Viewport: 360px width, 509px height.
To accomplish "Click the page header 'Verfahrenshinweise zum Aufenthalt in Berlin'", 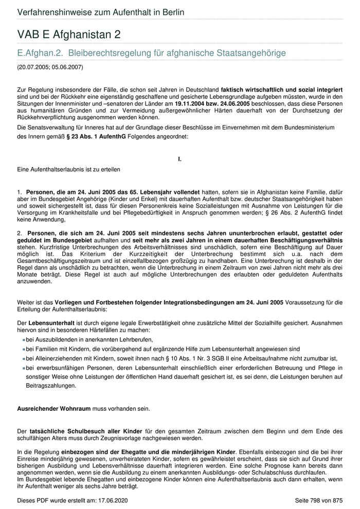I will (100, 12).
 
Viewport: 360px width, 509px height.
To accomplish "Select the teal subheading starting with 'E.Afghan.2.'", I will (151, 52).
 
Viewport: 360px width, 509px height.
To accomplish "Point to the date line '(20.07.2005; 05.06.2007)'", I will (50, 67).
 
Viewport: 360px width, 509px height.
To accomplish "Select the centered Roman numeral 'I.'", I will (179, 159).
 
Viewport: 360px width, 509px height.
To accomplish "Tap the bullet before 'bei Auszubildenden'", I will (24, 339).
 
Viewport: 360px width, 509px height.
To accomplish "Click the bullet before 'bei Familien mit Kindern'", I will (24, 349).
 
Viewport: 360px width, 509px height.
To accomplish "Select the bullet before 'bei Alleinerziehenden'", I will (24, 358).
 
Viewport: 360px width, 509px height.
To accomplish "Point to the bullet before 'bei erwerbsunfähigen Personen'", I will (24, 368).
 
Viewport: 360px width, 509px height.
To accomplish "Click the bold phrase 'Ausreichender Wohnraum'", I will (53, 409).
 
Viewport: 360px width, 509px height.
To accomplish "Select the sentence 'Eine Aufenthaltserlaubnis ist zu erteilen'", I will (69, 169).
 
